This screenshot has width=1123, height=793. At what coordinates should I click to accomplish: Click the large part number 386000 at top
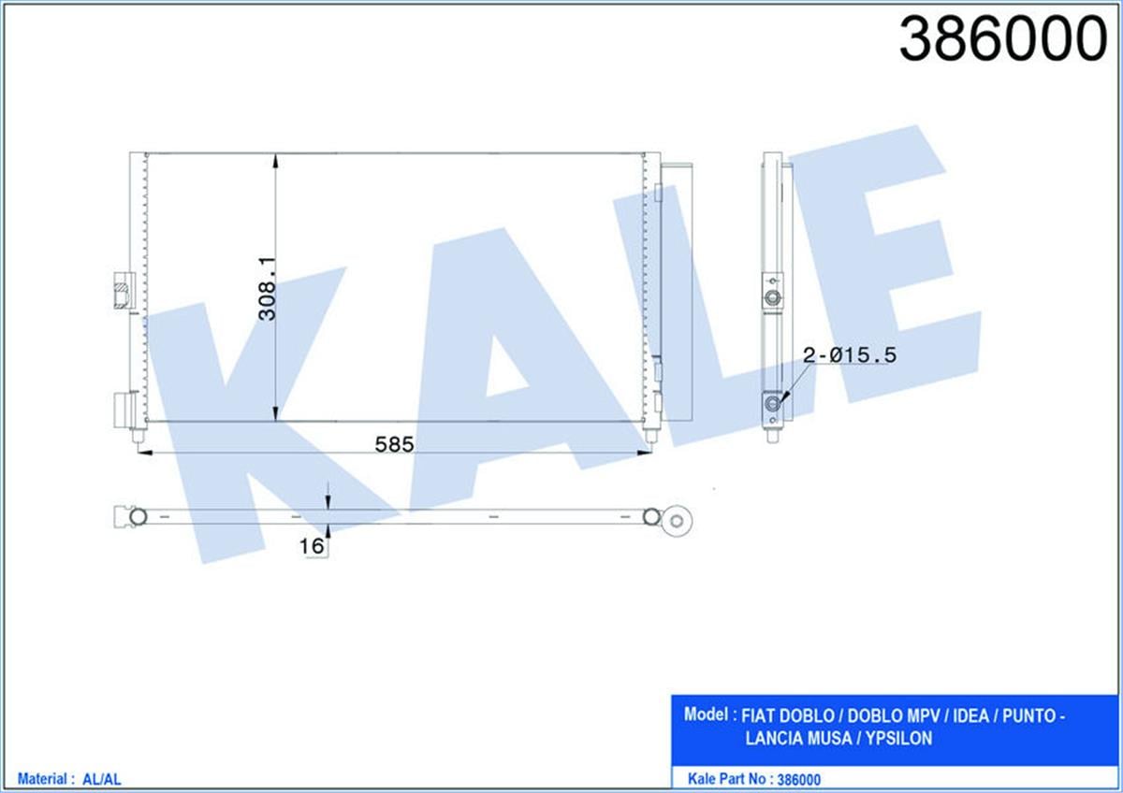click(x=1002, y=41)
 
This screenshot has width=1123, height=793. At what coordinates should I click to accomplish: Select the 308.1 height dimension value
click(x=268, y=288)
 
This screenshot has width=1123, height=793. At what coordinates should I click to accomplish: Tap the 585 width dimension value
click(x=394, y=443)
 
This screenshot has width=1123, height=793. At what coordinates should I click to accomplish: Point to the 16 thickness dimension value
click(x=312, y=545)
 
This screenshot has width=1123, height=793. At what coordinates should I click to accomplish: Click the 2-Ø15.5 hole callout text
click(x=850, y=354)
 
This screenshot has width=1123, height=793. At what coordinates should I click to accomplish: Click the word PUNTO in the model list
click(x=1028, y=716)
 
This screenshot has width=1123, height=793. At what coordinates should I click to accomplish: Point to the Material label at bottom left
click(x=40, y=778)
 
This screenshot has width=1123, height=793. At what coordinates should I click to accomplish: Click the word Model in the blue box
click(x=707, y=715)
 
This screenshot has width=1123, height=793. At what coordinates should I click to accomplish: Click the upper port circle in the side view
click(x=772, y=299)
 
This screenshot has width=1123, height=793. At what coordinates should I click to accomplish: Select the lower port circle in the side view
click(x=772, y=404)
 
